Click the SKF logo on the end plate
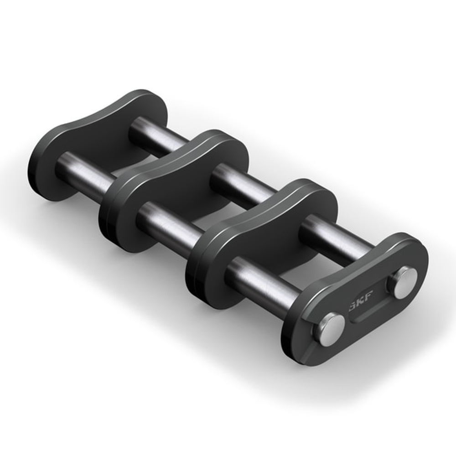click(x=360, y=305)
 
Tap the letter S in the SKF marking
click(x=353, y=308)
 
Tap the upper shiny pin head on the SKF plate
click(x=402, y=282)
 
